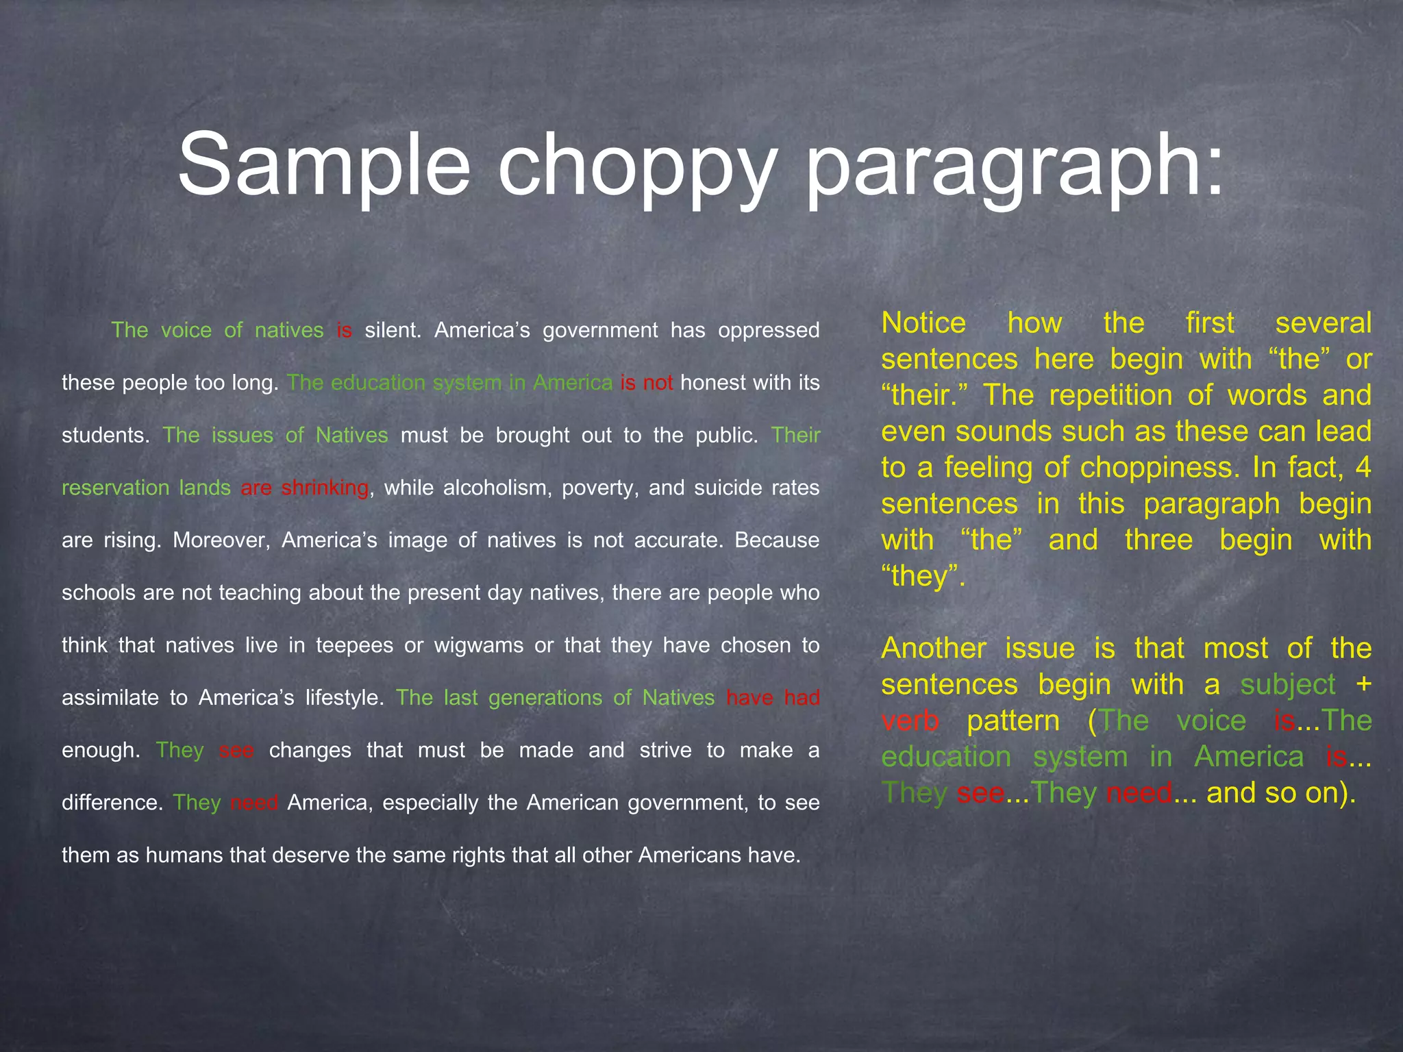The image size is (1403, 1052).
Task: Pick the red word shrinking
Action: click(325, 488)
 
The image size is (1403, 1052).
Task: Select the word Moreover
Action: click(221, 540)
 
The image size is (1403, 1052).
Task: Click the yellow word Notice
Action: click(923, 323)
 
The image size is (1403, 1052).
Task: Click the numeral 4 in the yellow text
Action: click(1363, 468)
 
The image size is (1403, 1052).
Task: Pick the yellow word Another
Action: click(933, 648)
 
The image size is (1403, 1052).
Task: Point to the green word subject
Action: click(1288, 684)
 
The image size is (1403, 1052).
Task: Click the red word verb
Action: click(910, 721)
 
